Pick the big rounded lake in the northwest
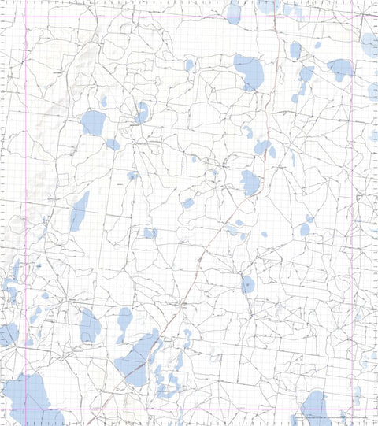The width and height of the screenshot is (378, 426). (x=93, y=122)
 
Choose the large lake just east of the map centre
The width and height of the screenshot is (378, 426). (x=250, y=182)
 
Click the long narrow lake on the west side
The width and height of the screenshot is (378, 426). (x=79, y=211)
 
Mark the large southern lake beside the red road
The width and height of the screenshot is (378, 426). (x=138, y=358)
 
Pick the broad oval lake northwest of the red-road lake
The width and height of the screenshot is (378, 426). (x=89, y=324)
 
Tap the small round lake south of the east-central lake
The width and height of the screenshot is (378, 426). (x=248, y=283)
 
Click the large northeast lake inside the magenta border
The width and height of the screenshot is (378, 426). (x=339, y=69)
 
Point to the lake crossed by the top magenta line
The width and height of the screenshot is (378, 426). (x=232, y=12)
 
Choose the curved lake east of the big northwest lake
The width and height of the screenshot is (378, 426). (x=142, y=113)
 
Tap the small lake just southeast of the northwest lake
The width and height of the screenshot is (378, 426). (x=113, y=145)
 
